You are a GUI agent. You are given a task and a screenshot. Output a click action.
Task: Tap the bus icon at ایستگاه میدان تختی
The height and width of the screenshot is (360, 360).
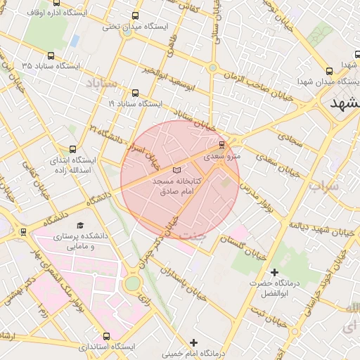pyautogui.click(x=135, y=16)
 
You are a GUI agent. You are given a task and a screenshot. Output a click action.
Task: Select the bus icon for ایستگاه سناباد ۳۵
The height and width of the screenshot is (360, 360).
pyautogui.click(x=51, y=56)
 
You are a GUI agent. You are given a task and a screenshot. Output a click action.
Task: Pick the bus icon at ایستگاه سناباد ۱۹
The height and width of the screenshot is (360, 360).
pyautogui.click(x=135, y=93)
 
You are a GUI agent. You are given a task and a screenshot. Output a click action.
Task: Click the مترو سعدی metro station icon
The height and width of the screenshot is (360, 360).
pyautogui.click(x=222, y=146)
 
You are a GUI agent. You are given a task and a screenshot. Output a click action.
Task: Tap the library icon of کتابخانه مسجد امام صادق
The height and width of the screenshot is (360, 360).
pyautogui.click(x=176, y=171)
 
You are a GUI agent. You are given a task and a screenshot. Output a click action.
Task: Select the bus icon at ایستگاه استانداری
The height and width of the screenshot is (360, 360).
pyautogui.click(x=107, y=336)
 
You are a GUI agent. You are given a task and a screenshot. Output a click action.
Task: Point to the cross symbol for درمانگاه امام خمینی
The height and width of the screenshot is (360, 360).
pyautogui.click(x=194, y=342)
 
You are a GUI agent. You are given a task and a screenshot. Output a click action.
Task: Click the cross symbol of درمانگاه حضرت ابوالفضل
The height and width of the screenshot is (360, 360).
pyautogui.click(x=274, y=272)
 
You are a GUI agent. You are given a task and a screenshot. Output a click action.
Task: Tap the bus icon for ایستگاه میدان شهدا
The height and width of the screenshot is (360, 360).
pyautogui.click(x=330, y=71)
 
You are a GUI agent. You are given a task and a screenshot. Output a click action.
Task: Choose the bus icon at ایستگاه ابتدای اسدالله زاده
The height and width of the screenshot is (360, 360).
pyautogui.click(x=73, y=149)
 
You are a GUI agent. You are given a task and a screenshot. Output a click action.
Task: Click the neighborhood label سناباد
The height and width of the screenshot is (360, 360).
pyautogui.click(x=108, y=84)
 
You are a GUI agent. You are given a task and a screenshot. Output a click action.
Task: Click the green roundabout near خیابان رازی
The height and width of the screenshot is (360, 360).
pyautogui.click(x=132, y=283)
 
